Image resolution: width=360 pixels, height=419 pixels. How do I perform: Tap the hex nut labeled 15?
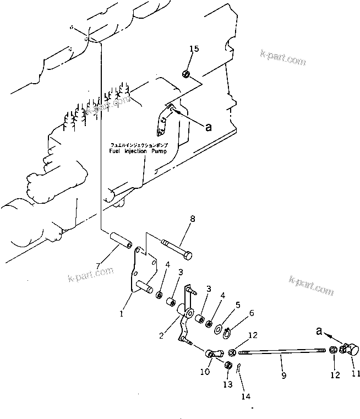click(187, 74)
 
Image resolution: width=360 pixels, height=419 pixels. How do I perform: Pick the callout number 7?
click(97, 266)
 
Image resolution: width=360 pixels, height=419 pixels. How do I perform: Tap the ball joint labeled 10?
click(213, 353)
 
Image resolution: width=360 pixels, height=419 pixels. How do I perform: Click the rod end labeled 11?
click(350, 349)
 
